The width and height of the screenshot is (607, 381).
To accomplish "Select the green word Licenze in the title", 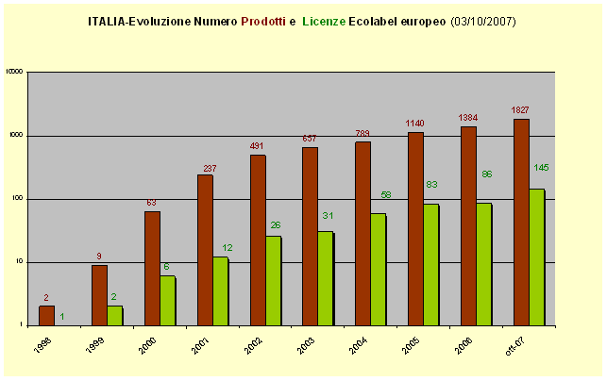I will click(x=324, y=20).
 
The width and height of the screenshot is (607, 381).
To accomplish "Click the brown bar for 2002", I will click(x=258, y=240).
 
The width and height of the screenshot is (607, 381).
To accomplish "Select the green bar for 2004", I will click(x=379, y=269).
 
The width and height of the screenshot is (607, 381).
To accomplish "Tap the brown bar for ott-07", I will click(x=521, y=222).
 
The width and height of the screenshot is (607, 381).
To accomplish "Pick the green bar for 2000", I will click(x=167, y=300).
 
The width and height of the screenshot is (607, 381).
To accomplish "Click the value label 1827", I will click(x=520, y=110).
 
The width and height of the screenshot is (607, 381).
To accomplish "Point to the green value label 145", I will click(x=541, y=167).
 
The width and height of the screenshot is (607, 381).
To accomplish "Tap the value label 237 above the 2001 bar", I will click(x=210, y=168).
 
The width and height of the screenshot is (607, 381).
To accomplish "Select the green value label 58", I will click(x=386, y=194).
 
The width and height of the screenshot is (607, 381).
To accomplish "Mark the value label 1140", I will click(x=415, y=124).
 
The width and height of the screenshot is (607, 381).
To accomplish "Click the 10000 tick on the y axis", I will click(x=13, y=72).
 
